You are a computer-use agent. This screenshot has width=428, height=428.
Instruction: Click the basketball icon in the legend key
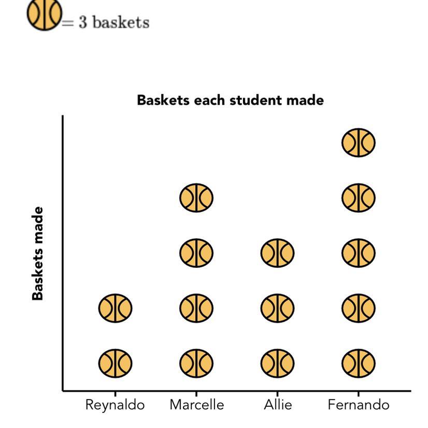pyautogui.click(x=44, y=14)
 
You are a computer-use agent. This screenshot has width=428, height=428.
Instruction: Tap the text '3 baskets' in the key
pyautogui.click(x=113, y=23)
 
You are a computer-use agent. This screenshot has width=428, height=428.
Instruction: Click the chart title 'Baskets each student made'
pyautogui.click(x=230, y=100)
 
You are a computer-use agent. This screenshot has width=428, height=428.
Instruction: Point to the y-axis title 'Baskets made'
pyautogui.click(x=38, y=253)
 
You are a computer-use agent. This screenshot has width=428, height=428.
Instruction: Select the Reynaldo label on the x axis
pyautogui.click(x=115, y=405)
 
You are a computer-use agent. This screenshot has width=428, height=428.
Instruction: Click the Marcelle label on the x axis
pyautogui.click(x=196, y=405)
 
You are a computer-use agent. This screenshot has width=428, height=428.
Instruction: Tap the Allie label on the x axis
pyautogui.click(x=277, y=405)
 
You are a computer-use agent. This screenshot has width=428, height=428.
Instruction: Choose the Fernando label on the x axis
pyautogui.click(x=358, y=405)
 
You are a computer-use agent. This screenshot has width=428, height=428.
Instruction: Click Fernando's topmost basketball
pyautogui.click(x=358, y=142)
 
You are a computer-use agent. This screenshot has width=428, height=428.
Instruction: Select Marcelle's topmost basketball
pyautogui.click(x=196, y=198)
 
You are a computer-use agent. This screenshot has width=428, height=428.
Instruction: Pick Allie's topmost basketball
pyautogui.click(x=277, y=253)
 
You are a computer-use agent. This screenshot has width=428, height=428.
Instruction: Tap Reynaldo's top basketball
pyautogui.click(x=115, y=308)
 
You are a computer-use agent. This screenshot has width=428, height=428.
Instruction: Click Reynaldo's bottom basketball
pyautogui.click(x=115, y=363)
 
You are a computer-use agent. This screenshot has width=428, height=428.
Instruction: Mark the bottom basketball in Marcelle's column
pyautogui.click(x=196, y=363)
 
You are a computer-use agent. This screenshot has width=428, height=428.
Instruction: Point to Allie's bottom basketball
pyautogui.click(x=277, y=363)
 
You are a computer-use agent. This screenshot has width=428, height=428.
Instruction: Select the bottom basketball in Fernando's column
pyautogui.click(x=358, y=363)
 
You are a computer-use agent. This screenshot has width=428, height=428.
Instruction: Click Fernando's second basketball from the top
pyautogui.click(x=358, y=198)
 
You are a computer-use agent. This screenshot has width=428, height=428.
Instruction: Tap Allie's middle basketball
pyautogui.click(x=277, y=308)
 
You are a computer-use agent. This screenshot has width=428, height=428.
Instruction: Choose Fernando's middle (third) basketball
pyautogui.click(x=358, y=253)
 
